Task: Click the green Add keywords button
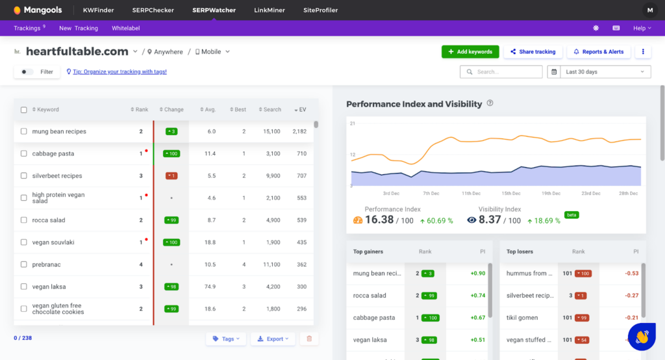click(x=470, y=52)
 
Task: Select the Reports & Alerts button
click(x=598, y=52)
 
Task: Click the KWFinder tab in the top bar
click(x=98, y=10)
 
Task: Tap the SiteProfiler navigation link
click(x=320, y=10)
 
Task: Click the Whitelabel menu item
click(x=125, y=28)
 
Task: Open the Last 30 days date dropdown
click(x=599, y=71)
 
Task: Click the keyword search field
click(x=501, y=71)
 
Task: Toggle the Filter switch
click(x=27, y=71)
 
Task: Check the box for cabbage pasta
click(x=24, y=154)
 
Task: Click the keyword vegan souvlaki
click(x=53, y=242)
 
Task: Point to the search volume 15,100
click(x=271, y=131)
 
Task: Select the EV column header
click(x=300, y=110)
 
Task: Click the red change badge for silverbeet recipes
click(x=171, y=176)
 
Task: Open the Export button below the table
click(x=273, y=339)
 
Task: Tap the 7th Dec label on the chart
click(x=431, y=193)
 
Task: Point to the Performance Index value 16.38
click(x=379, y=220)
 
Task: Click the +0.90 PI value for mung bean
click(x=477, y=274)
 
